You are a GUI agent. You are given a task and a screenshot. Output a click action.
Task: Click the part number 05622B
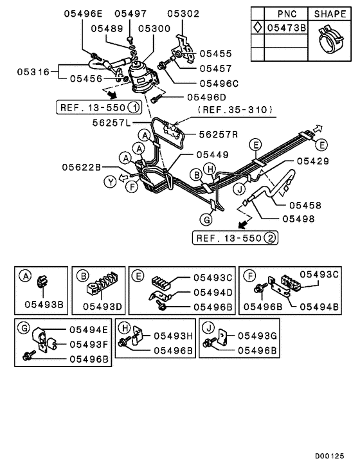[x=83, y=167]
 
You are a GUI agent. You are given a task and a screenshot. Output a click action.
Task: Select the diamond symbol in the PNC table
[x=257, y=28]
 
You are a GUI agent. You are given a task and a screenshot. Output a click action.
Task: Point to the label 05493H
[x=172, y=335]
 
